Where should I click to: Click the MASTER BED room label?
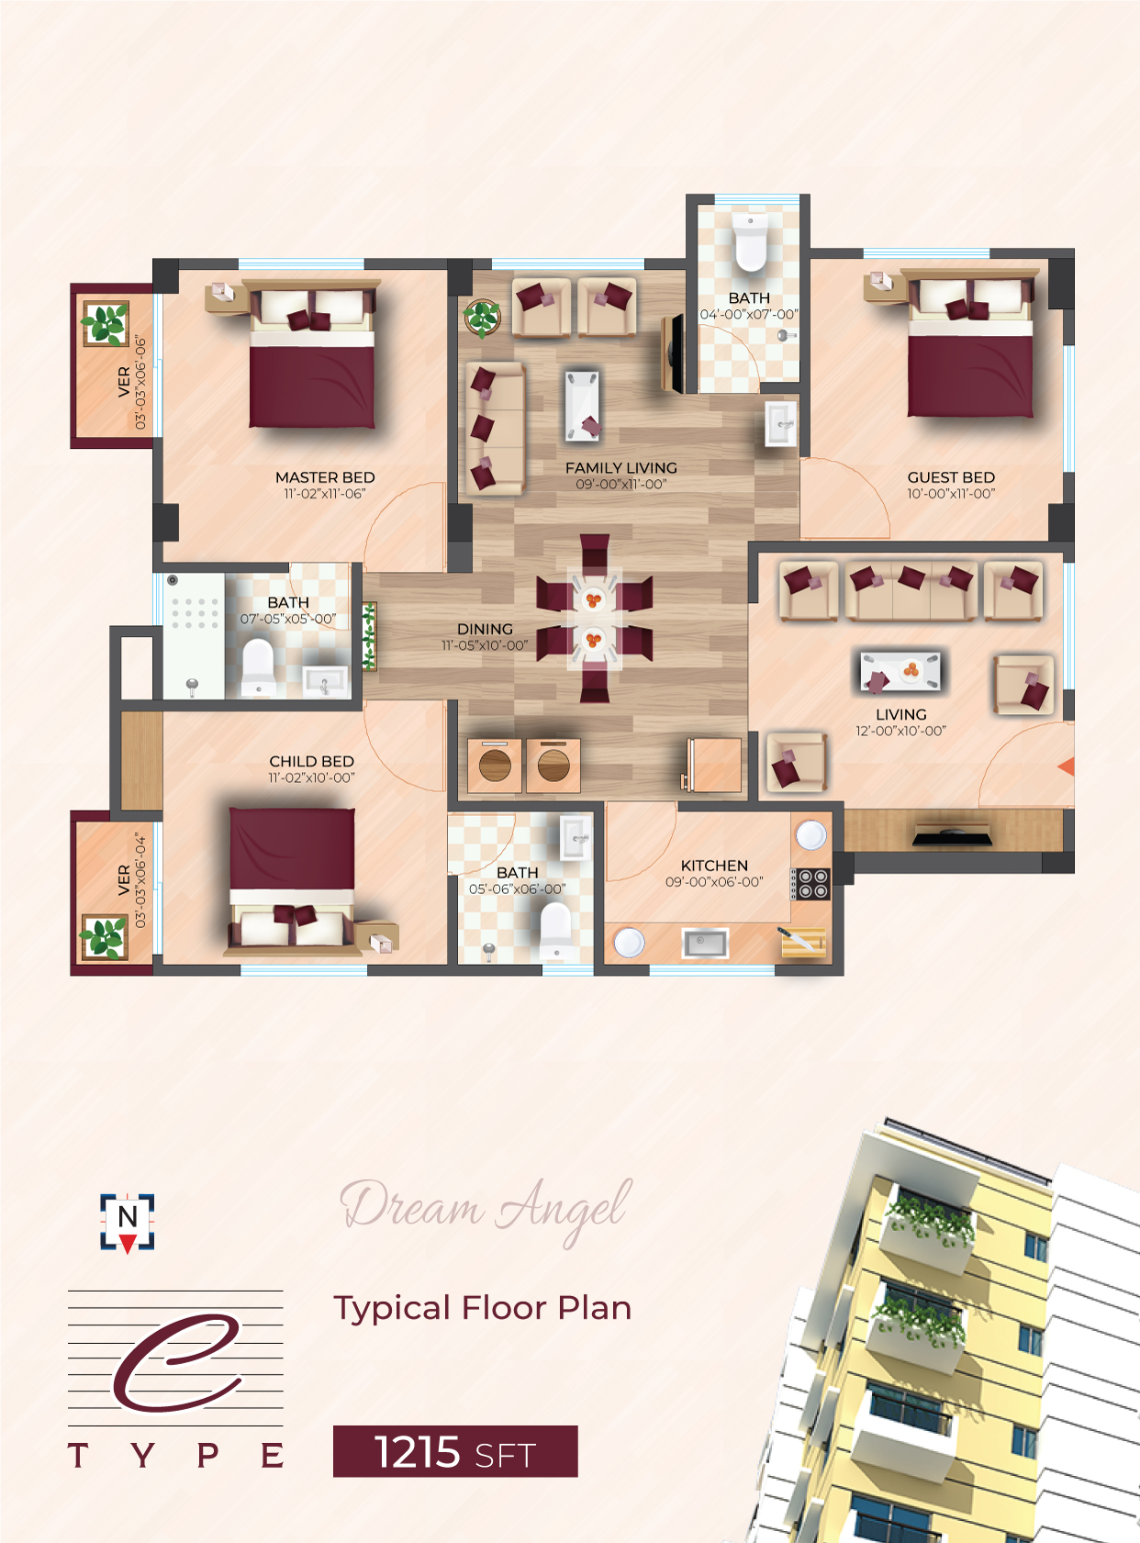coord(325,477)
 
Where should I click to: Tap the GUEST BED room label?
coord(951,477)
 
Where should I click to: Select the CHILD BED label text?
coord(311,761)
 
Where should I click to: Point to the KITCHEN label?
coord(714,866)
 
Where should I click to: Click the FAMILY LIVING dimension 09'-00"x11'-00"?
coord(620,484)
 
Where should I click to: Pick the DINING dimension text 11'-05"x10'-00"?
coord(485,645)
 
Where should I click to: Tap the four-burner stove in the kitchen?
coord(811,884)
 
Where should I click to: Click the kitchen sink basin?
coord(704,944)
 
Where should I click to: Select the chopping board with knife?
coord(802,943)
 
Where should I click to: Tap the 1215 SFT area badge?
coord(455,1451)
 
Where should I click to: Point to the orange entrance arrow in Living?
coord(1067,766)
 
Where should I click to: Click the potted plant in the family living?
coord(482,318)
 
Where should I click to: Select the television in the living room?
coord(952,834)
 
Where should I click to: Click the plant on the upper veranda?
coord(106,323)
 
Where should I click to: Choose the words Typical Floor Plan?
coord(482,1309)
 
